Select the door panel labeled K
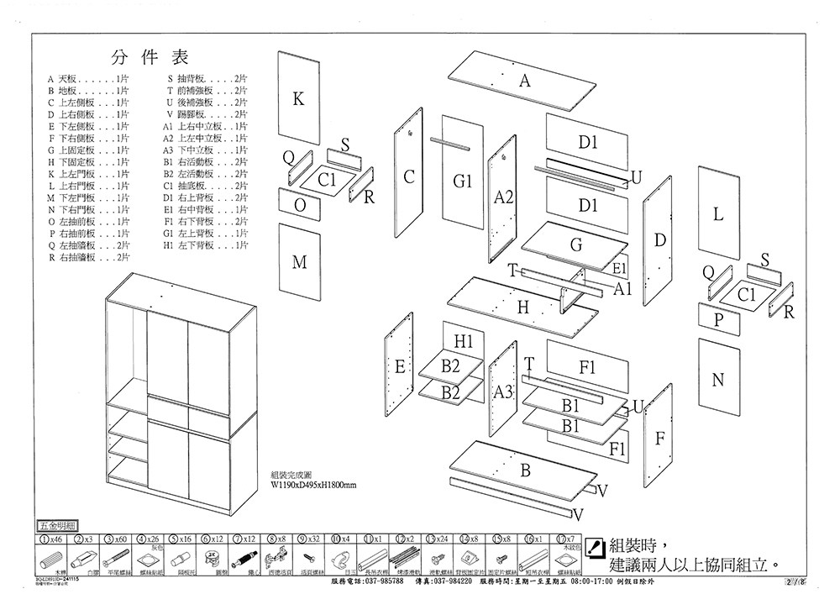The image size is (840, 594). [x=299, y=98]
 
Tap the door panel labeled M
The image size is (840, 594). [x=299, y=262]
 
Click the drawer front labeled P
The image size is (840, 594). [x=718, y=320]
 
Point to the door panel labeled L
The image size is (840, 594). [x=718, y=214]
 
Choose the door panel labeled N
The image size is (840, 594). [x=718, y=380]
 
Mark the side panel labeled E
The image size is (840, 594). [x=400, y=365]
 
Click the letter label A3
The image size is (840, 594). [x=502, y=392]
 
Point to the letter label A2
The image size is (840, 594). [x=503, y=197]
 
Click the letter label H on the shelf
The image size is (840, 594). [x=522, y=308]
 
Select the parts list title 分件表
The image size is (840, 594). [x=150, y=57]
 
